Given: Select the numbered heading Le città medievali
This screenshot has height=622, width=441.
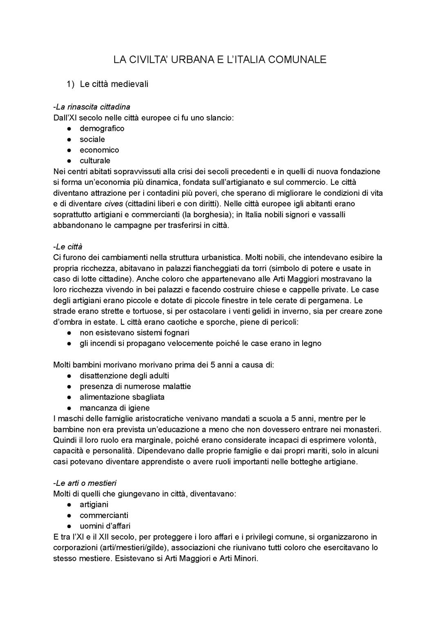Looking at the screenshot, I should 114,84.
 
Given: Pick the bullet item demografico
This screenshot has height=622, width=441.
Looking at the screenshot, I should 102,128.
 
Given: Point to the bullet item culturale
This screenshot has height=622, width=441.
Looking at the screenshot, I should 95,161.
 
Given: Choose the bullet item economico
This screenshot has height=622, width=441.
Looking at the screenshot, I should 99,150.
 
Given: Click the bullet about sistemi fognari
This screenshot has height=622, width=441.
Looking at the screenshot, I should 134,333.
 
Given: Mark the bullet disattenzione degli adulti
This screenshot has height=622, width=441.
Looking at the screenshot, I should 124,376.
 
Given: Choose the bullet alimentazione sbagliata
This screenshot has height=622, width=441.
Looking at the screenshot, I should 122,397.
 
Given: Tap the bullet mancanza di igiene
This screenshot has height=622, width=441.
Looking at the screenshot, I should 114,408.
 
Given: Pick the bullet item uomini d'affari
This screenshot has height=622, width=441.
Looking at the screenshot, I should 105,526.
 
